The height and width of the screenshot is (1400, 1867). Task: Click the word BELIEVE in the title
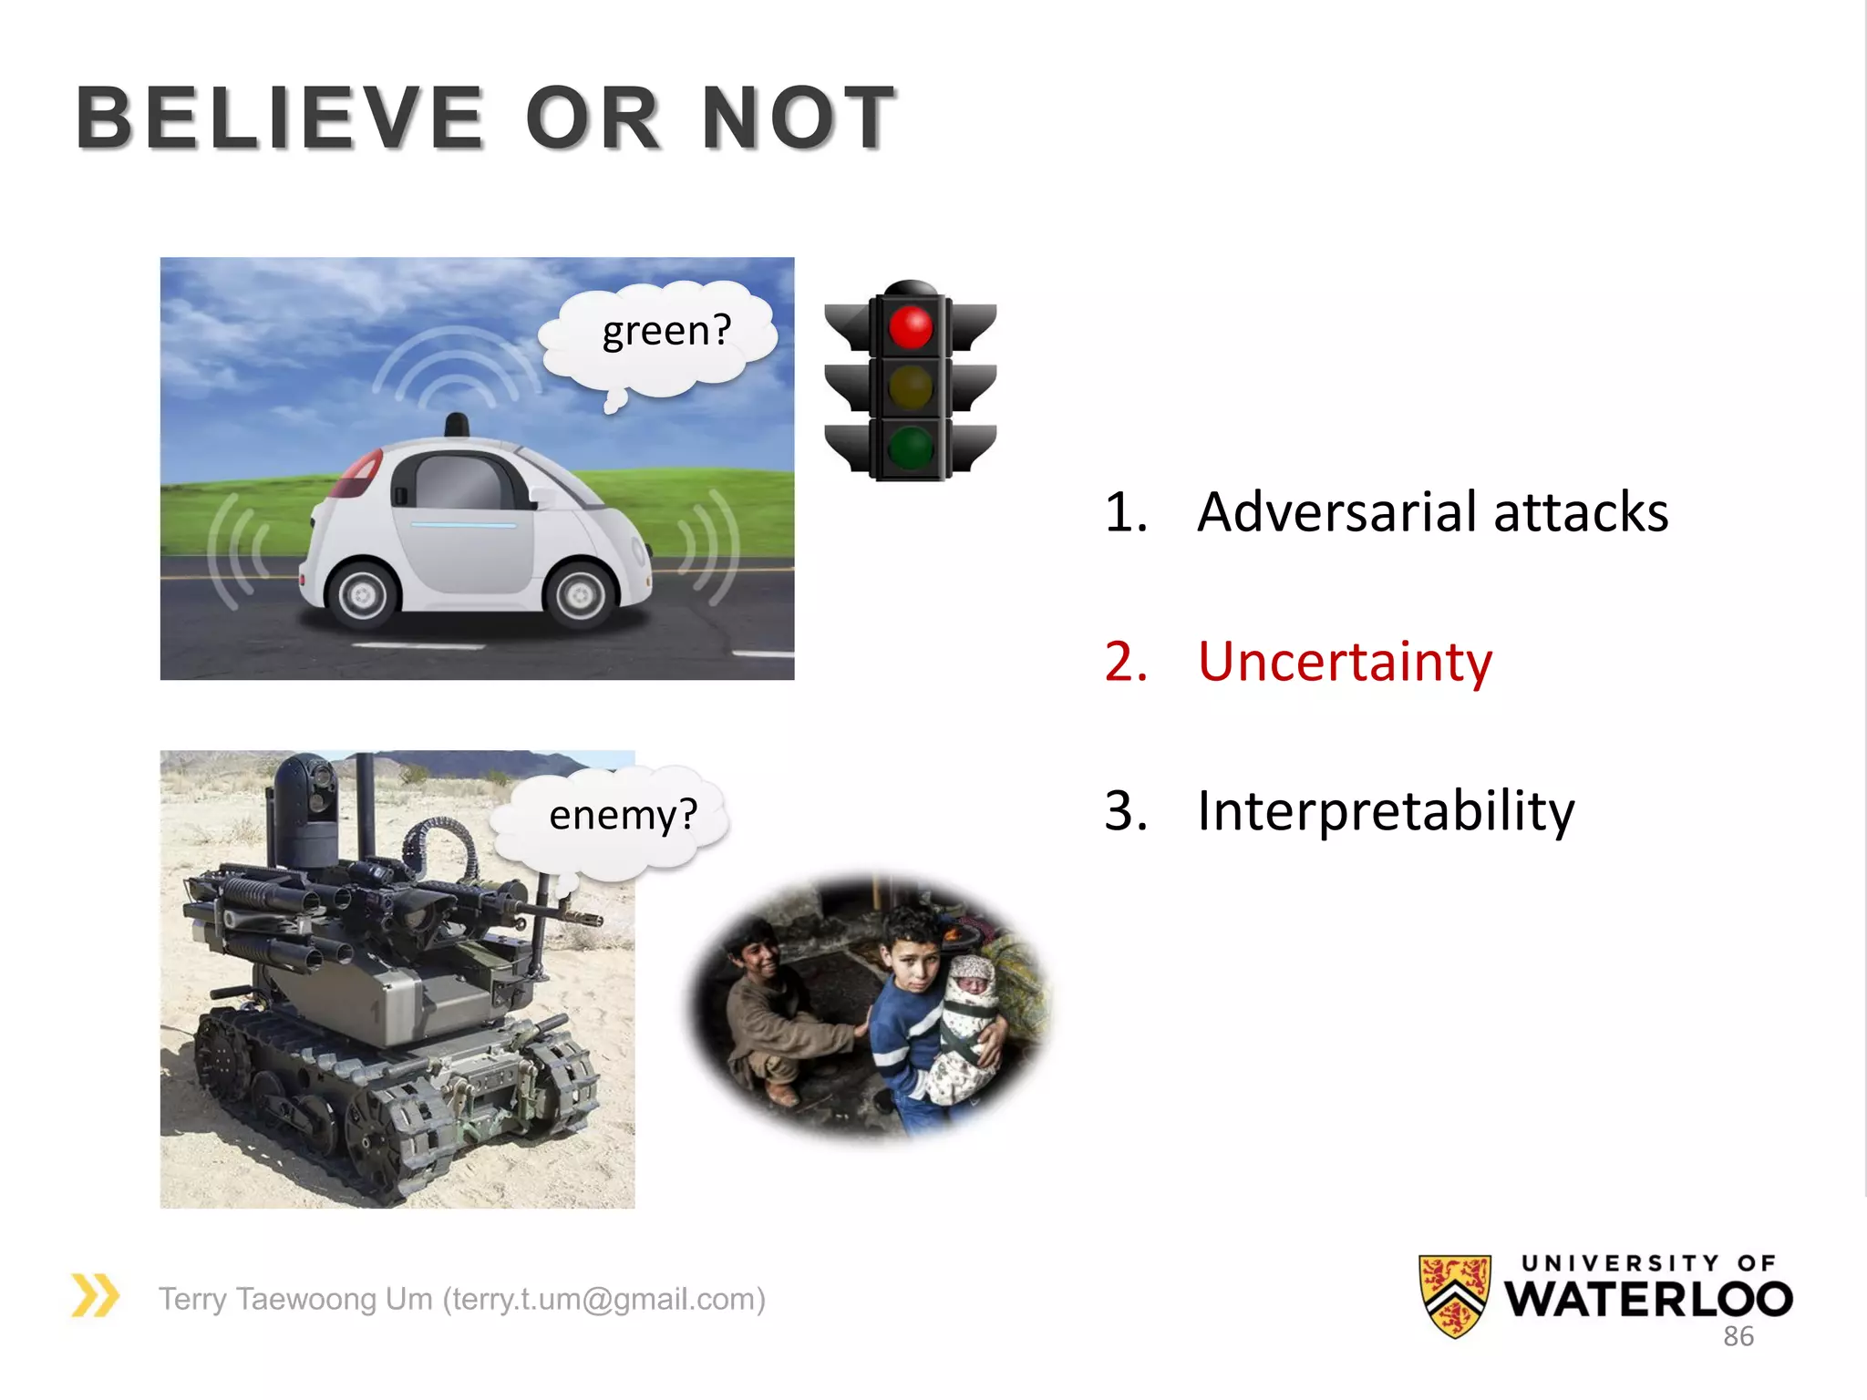[x=279, y=118]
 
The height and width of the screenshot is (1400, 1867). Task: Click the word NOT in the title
[x=799, y=118]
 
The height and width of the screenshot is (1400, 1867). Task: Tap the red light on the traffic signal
[x=910, y=326]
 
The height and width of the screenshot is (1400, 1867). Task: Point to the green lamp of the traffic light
[x=910, y=447]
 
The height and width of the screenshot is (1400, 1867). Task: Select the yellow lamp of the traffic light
[x=910, y=387]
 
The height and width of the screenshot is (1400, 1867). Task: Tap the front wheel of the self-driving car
[x=580, y=594]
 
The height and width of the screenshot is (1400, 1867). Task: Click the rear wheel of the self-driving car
[x=363, y=594]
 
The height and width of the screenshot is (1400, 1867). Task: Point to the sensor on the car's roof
[x=457, y=426]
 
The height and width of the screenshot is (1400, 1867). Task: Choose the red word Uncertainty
[x=1345, y=662]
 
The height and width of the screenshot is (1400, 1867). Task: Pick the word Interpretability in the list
[x=1386, y=810]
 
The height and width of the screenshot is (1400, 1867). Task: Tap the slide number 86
[x=1738, y=1336]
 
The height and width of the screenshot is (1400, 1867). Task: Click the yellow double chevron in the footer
[x=95, y=1295]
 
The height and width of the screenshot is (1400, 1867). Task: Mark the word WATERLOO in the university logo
[x=1648, y=1299]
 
